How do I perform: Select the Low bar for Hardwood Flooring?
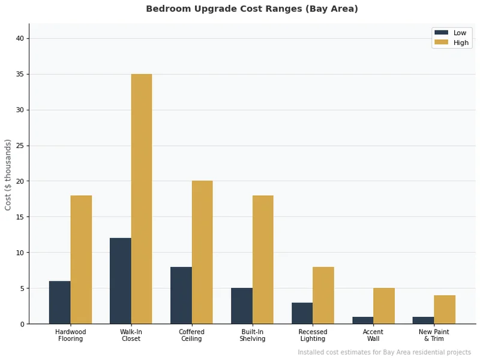[59, 302]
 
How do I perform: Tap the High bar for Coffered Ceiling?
[202, 253]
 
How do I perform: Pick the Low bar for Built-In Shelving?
[242, 306]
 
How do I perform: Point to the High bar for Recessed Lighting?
[323, 295]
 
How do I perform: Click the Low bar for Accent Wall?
[362, 320]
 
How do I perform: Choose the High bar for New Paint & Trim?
[445, 310]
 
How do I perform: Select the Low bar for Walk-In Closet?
[120, 281]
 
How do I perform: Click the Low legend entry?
[452, 32]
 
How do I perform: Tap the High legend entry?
[452, 43]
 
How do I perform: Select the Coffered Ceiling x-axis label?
[191, 335]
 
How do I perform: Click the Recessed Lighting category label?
[313, 335]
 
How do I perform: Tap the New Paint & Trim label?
[434, 335]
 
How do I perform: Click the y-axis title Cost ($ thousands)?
[8, 175]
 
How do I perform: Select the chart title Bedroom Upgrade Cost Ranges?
[252, 9]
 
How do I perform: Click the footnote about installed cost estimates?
[384, 352]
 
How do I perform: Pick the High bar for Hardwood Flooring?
[81, 260]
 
